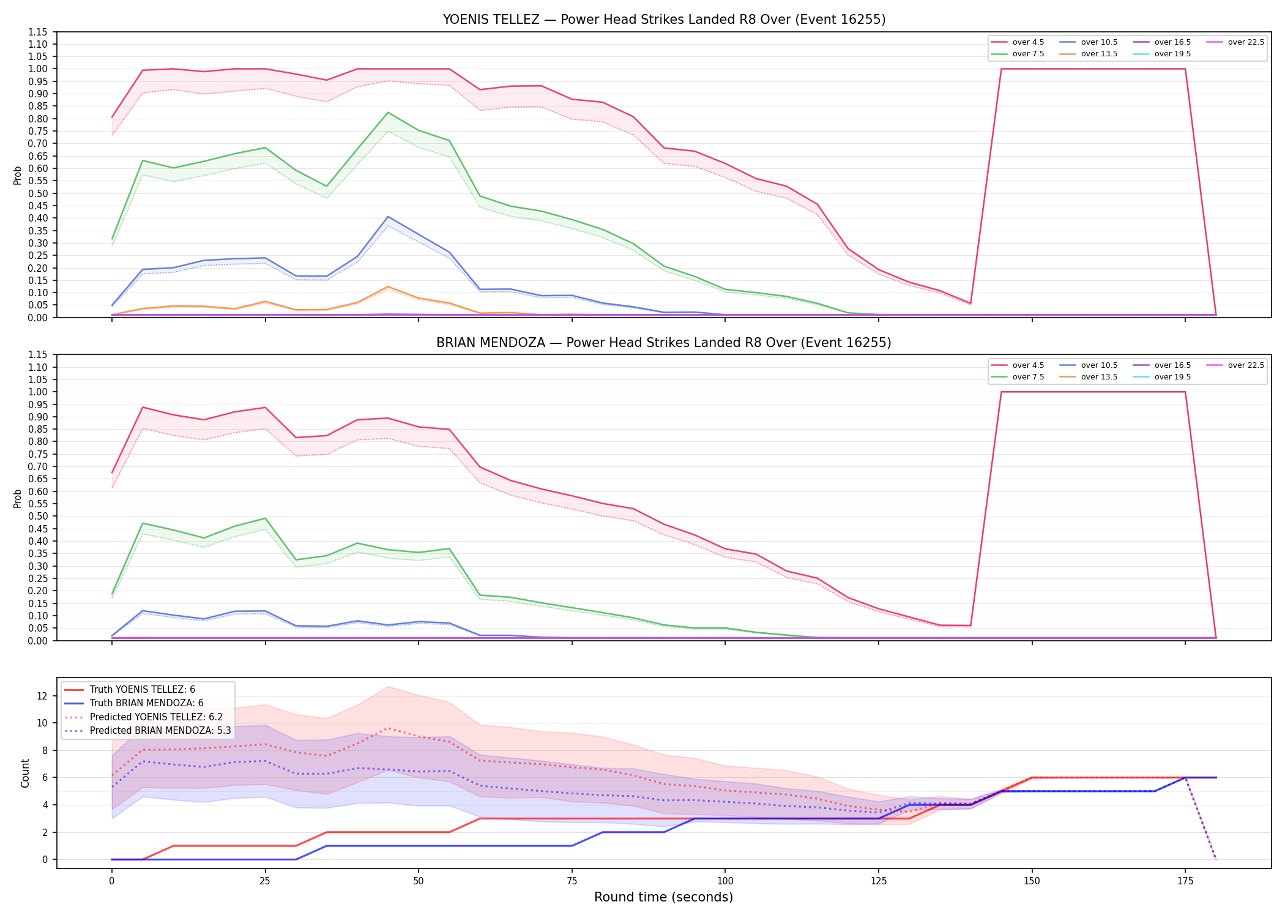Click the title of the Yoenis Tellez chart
[x=664, y=20]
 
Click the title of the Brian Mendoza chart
[x=664, y=343]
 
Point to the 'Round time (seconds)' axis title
[x=663, y=897]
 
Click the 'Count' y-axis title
[x=25, y=773]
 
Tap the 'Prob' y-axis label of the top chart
[x=18, y=175]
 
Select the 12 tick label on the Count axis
[x=42, y=696]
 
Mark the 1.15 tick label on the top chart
[x=38, y=32]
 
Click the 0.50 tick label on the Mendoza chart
[x=38, y=516]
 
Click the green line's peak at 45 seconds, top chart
[x=388, y=113]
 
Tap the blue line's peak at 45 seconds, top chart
[x=388, y=217]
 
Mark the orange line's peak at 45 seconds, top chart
[x=388, y=286]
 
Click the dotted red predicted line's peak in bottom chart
[x=388, y=728]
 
